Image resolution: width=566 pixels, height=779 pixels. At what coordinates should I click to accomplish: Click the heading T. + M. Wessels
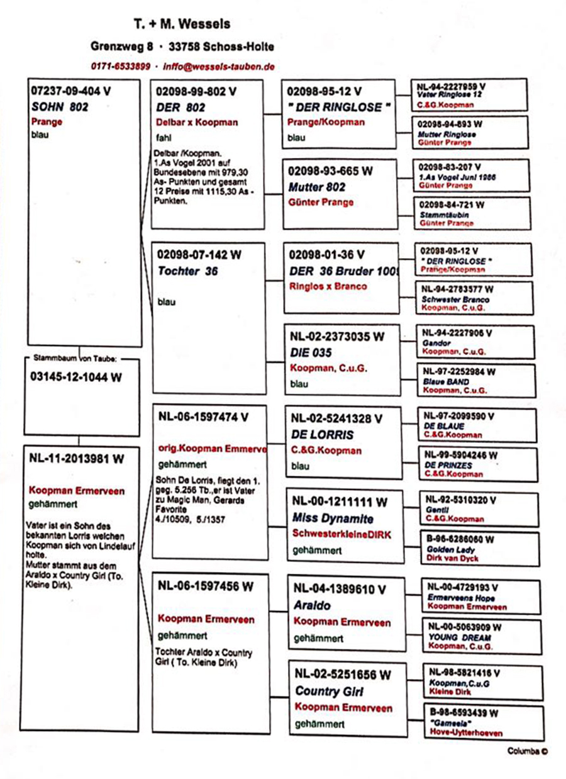[x=182, y=25]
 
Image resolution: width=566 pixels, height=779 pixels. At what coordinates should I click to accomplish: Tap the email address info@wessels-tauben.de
[x=218, y=66]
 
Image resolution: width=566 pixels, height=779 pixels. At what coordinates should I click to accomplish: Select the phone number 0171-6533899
[x=120, y=66]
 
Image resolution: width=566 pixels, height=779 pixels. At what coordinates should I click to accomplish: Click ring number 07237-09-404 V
[x=70, y=91]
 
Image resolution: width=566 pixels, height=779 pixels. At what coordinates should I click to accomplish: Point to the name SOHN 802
[x=60, y=107]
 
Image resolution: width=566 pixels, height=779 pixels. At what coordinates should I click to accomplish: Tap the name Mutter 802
[x=317, y=187]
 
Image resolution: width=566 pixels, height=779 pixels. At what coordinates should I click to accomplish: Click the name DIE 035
[x=311, y=352]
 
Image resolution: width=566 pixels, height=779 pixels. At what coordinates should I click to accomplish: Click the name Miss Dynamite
[x=333, y=518]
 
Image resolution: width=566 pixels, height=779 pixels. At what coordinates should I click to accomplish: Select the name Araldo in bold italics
[x=312, y=605]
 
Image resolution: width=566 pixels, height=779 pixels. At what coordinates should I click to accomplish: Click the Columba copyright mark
[x=528, y=751]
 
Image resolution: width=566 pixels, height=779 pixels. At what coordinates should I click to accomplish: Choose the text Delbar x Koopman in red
[x=196, y=122]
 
